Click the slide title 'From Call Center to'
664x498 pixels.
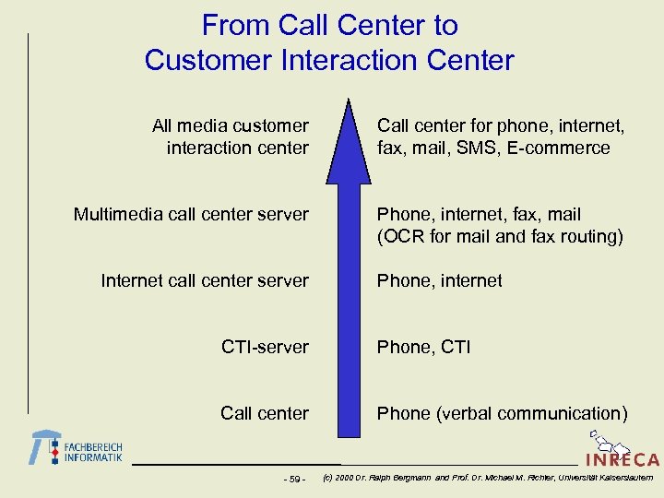tap(329, 25)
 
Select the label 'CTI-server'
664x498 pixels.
tap(265, 347)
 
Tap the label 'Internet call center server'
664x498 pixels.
tap(205, 280)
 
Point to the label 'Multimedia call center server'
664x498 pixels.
tap(191, 214)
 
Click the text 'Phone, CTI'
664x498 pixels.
tap(423, 347)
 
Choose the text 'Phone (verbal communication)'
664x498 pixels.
tap(502, 413)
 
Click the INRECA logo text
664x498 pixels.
tap(622, 460)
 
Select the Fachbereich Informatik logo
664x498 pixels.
tap(77, 448)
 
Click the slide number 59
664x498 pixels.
tap(295, 479)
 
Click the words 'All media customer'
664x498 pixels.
tap(231, 125)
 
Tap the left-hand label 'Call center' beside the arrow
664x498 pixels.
tap(265, 413)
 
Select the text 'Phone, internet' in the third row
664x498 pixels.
tap(439, 280)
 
